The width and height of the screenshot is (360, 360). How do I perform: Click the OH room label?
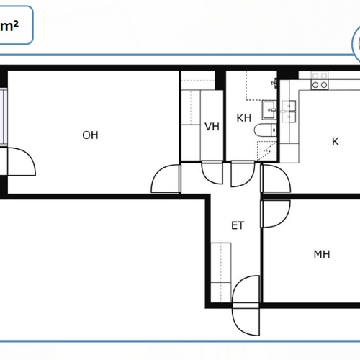(90, 135)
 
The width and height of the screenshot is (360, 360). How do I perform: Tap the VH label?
(212, 127)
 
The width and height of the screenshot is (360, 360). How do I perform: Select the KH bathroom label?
(244, 118)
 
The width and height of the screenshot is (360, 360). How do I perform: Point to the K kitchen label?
(336, 142)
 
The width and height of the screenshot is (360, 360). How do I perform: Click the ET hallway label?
(238, 225)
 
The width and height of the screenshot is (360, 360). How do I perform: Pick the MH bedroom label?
(322, 254)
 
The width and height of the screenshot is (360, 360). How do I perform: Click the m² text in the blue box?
(9, 26)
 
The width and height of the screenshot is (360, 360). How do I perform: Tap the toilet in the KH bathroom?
(265, 130)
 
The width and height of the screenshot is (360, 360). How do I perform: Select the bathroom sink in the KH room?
(269, 110)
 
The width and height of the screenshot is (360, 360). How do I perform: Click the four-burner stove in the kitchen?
(320, 81)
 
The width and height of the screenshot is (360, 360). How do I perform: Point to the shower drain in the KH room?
(267, 151)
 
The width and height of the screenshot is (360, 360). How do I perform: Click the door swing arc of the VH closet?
(208, 179)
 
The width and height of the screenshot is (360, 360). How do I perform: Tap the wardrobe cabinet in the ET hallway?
(221, 272)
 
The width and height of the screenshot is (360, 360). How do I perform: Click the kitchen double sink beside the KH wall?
(289, 112)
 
